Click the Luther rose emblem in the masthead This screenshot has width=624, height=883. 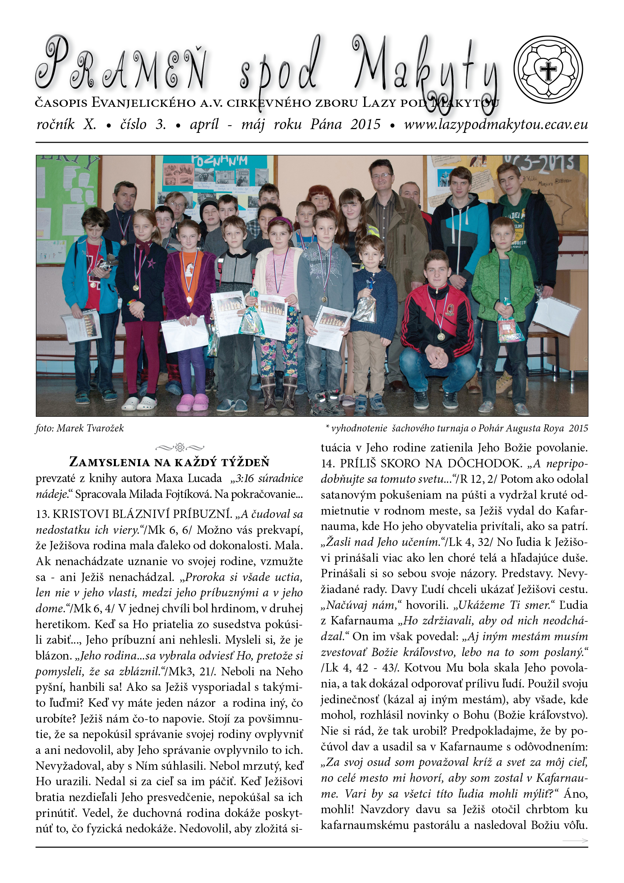click(548, 70)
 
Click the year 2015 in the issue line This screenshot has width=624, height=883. click(366, 125)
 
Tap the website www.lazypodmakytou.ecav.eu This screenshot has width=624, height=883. click(496, 125)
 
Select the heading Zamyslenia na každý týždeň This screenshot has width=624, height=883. click(169, 462)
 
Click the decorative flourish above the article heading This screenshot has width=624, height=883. click(180, 447)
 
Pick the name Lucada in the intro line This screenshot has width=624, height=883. click(206, 478)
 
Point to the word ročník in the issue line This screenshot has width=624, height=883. click(55, 125)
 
